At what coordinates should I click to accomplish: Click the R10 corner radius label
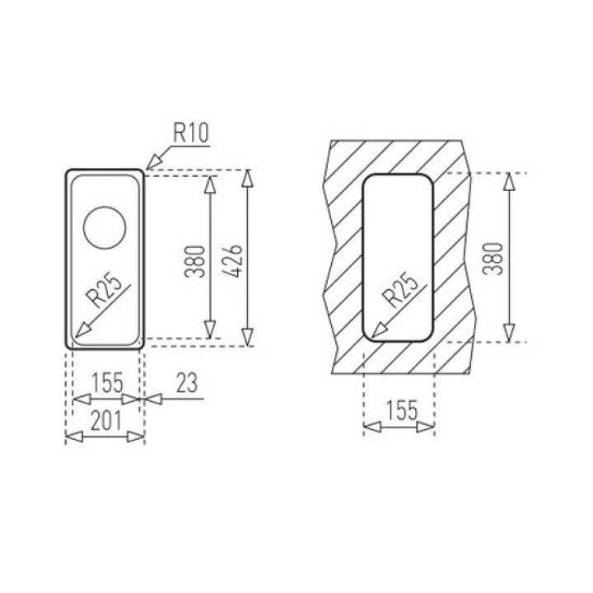click(x=191, y=133)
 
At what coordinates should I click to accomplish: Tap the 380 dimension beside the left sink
click(x=195, y=261)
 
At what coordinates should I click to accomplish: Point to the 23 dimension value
click(x=187, y=383)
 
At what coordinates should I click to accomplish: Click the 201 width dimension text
click(x=106, y=421)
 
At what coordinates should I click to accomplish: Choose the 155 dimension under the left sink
click(x=107, y=383)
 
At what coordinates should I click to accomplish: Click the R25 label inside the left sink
click(x=104, y=290)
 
